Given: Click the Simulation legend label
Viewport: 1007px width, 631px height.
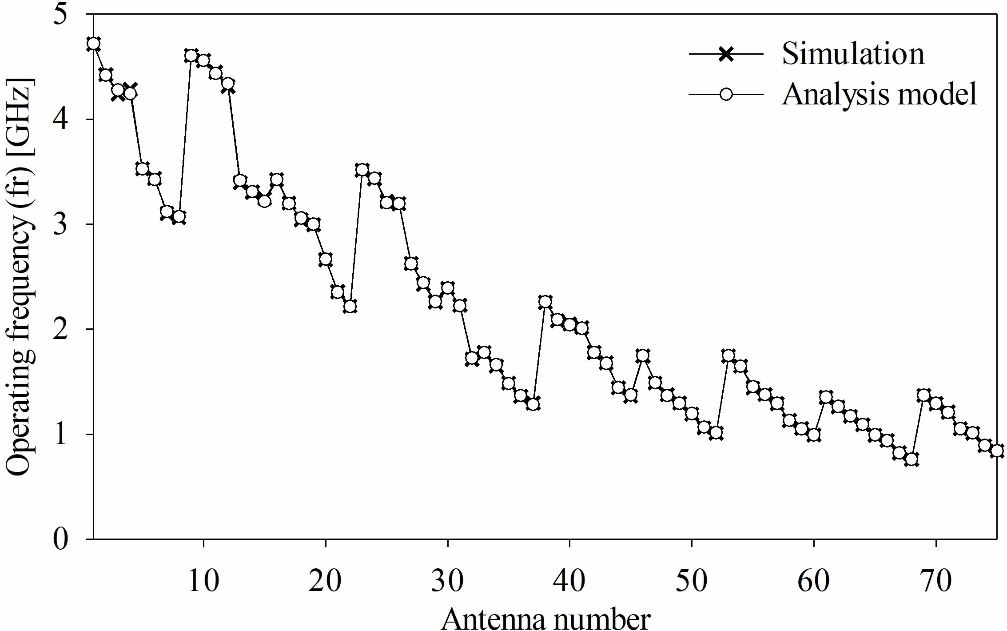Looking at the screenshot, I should coord(853,55).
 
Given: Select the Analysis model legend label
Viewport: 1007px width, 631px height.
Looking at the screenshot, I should coord(880,94).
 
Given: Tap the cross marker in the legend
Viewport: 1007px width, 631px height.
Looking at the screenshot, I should coord(726,55).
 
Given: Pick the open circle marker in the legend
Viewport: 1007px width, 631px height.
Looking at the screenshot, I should coord(726,94).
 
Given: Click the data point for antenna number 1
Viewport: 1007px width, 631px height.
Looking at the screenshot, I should coord(93,44).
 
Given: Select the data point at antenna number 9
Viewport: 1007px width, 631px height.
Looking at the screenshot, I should coord(191,56).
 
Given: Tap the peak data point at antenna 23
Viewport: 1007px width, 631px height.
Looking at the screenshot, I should coord(362,169).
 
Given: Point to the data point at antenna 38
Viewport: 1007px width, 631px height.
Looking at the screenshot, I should coord(545,302).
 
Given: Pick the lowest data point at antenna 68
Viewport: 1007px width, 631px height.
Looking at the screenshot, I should coord(911,459).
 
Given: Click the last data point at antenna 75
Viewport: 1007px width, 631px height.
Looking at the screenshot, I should coord(997,451).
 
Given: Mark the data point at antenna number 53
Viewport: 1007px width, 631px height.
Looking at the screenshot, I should coord(728,355).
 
